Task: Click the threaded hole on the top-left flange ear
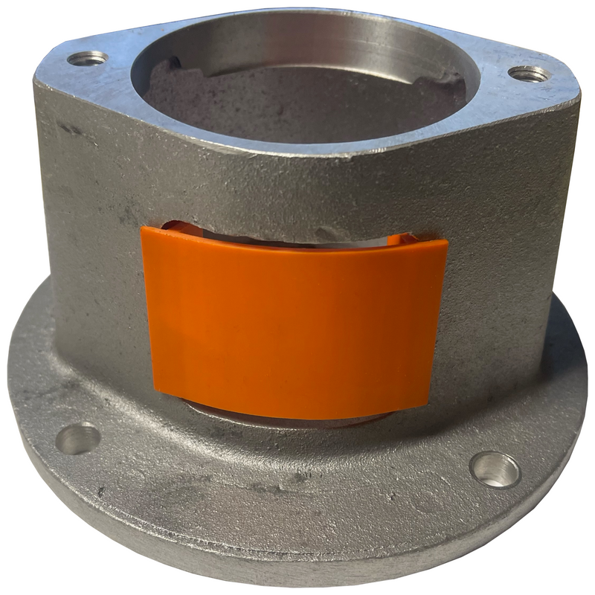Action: (87, 58)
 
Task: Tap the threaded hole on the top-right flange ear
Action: (529, 74)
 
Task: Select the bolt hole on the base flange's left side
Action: (78, 439)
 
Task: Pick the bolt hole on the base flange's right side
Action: (495, 469)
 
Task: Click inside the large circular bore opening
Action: (297, 104)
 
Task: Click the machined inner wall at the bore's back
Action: (312, 41)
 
